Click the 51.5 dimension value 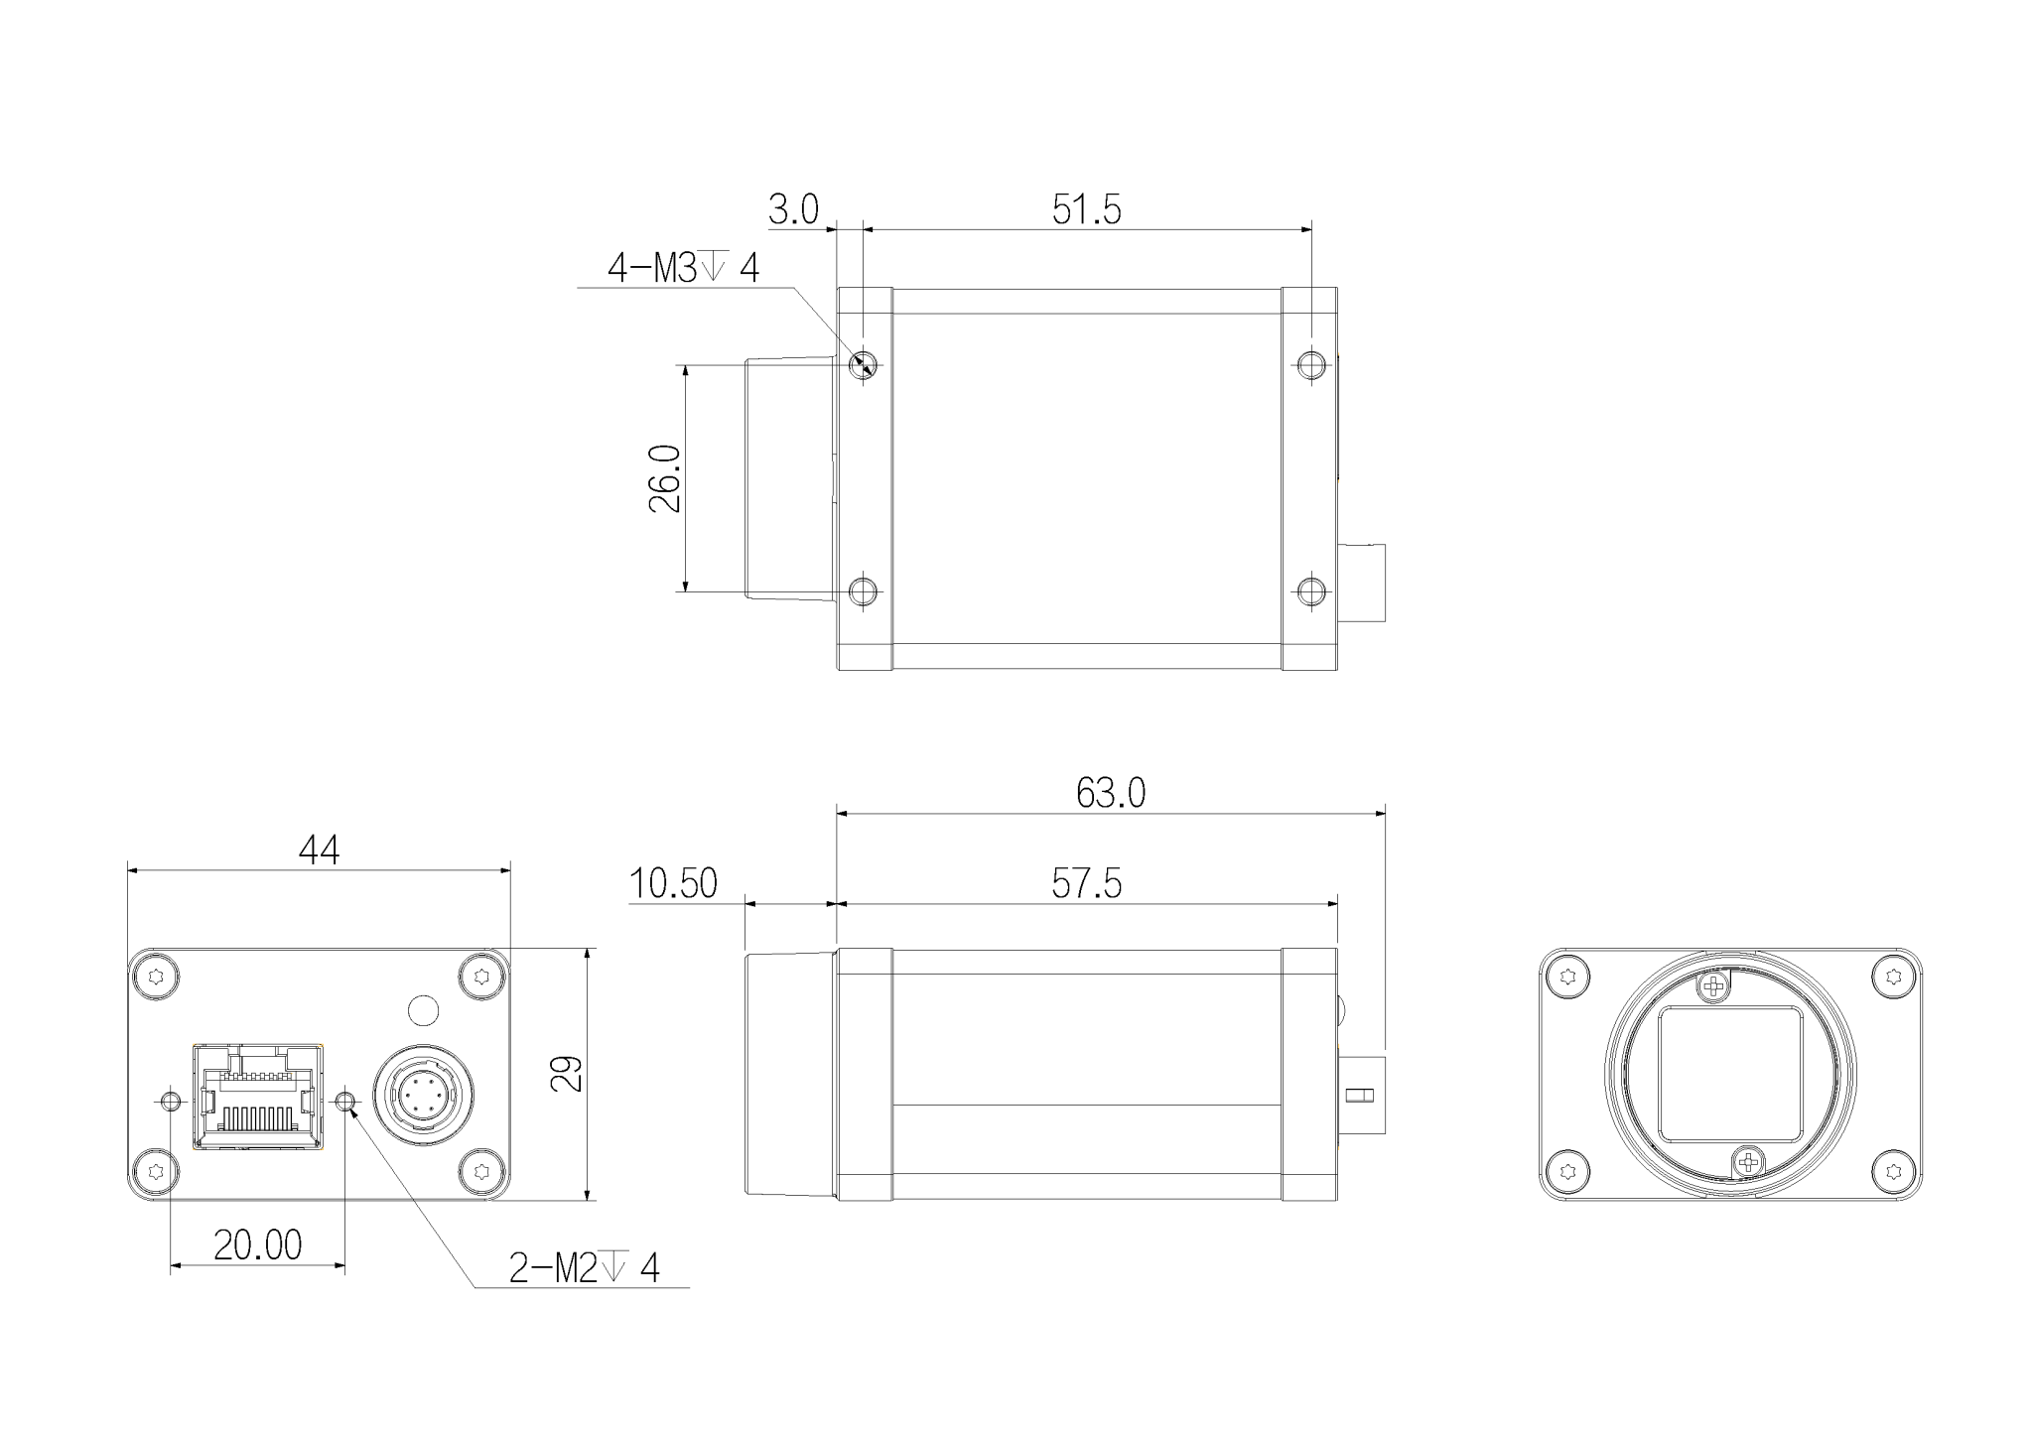(x=1086, y=210)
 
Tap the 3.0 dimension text (x=793, y=210)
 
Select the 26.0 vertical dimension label (x=665, y=478)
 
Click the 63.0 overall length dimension (x=1111, y=793)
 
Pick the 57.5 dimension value (x=1086, y=883)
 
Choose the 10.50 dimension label (x=673, y=883)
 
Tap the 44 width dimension (x=319, y=850)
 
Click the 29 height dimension (x=567, y=1074)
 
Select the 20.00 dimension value (x=257, y=1245)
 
